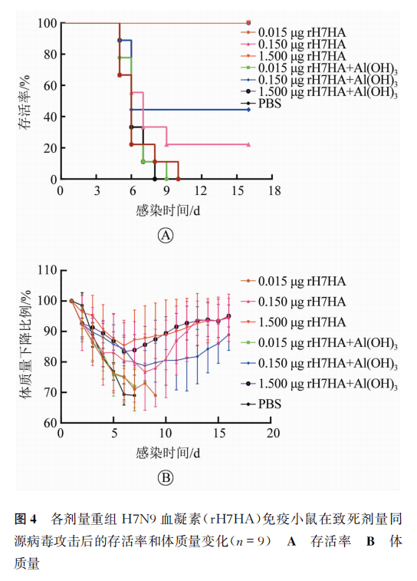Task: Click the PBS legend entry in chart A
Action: coord(261,104)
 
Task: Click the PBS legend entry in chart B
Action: coord(261,404)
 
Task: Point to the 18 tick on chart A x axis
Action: coord(274,190)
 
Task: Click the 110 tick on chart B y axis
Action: coord(47,270)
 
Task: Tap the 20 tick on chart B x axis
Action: coord(273,433)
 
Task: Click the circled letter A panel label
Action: coord(166,236)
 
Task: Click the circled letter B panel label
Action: coord(166,477)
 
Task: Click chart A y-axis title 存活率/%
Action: coord(25,102)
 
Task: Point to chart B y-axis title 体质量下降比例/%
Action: coord(25,345)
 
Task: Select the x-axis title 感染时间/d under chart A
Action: coord(168,211)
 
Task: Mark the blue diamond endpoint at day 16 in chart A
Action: coord(248,110)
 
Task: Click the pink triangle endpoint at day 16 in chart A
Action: coord(248,144)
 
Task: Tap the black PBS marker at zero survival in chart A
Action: coord(155,179)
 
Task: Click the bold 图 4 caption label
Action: coord(25,519)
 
